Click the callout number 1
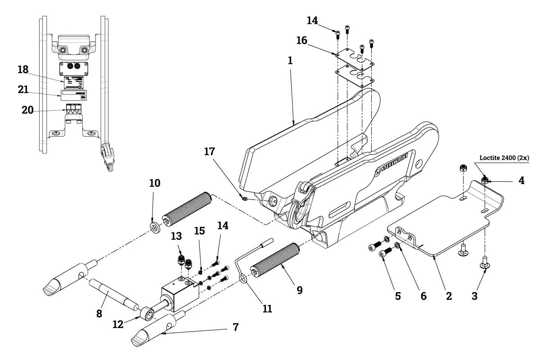290,60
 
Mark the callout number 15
199,231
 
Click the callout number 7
234,327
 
